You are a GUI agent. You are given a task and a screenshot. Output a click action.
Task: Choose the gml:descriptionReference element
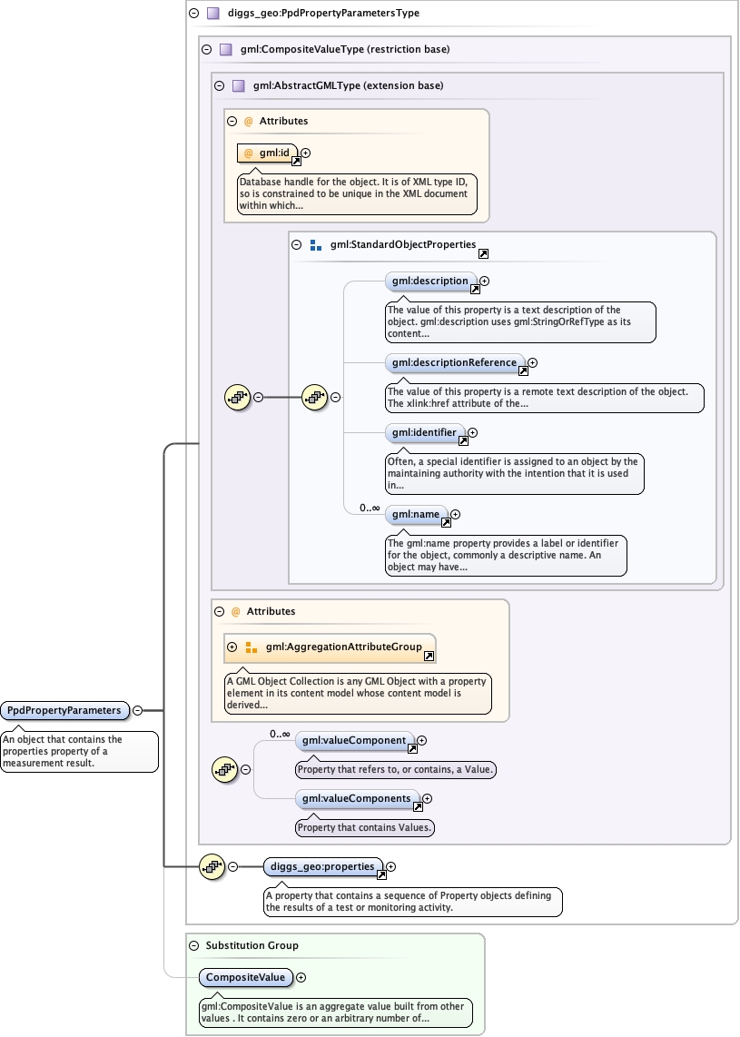pyautogui.click(x=455, y=363)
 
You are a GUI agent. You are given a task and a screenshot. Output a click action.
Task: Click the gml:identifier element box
pyautogui.click(x=425, y=433)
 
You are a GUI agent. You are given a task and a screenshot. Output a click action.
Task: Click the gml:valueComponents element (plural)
pyautogui.click(x=358, y=799)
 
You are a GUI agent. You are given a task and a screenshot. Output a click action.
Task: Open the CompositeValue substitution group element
pyautogui.click(x=245, y=978)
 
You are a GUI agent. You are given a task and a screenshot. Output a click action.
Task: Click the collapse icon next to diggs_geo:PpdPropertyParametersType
pyautogui.click(x=193, y=14)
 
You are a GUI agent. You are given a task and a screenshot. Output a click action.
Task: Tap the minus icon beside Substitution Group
pyautogui.click(x=193, y=945)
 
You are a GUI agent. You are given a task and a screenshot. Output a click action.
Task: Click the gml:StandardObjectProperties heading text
pyautogui.click(x=403, y=244)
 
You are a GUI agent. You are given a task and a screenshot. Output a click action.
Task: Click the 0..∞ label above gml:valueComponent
pyautogui.click(x=280, y=734)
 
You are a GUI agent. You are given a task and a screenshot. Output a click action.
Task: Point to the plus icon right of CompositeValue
pyautogui.click(x=301, y=978)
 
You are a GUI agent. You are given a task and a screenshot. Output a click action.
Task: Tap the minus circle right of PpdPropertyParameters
pyautogui.click(x=137, y=710)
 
